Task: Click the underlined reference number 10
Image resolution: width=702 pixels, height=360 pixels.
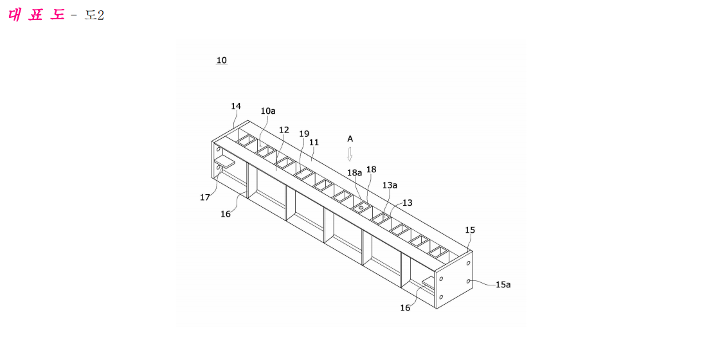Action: click(x=222, y=60)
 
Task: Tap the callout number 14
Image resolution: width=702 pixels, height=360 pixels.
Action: click(x=236, y=106)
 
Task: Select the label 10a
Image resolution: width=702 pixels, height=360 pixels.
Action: click(x=268, y=111)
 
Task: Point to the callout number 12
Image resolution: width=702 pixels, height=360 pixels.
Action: click(x=284, y=130)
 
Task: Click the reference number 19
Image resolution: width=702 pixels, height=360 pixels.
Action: click(x=304, y=134)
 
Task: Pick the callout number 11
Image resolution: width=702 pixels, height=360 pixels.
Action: click(x=314, y=142)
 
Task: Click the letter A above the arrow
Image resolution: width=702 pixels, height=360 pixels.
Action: click(x=350, y=139)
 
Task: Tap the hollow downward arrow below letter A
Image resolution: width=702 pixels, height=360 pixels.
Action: click(x=350, y=154)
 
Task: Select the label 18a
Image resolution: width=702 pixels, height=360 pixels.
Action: click(x=355, y=172)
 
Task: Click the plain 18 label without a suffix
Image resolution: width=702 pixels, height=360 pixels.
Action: click(x=371, y=169)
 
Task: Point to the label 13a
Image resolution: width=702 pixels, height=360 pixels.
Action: click(x=390, y=185)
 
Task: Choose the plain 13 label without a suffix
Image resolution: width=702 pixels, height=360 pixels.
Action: click(x=408, y=203)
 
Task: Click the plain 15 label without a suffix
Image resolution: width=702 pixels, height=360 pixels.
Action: click(x=470, y=230)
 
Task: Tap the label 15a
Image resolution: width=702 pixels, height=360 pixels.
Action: click(x=503, y=284)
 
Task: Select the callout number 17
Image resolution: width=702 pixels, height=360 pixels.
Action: click(x=205, y=197)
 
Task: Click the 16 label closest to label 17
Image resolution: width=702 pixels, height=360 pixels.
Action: click(x=226, y=214)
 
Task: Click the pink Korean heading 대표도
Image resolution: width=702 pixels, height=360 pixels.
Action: click(x=37, y=15)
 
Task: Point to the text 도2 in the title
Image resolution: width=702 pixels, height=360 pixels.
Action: click(x=94, y=15)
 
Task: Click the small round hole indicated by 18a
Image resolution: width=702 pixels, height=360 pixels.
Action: click(x=361, y=208)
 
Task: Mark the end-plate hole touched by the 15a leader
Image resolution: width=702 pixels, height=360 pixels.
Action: click(x=468, y=281)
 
